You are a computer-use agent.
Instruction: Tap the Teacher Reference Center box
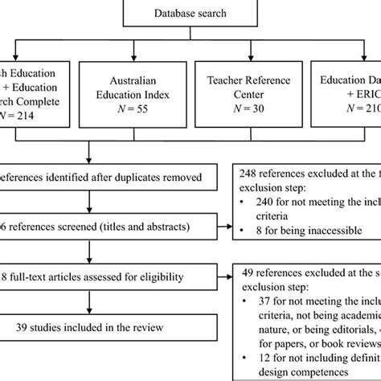tap(241, 104)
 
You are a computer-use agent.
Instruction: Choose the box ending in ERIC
tap(346, 104)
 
